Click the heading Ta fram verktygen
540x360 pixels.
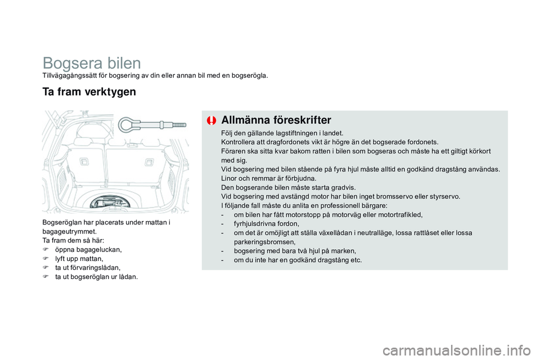89,92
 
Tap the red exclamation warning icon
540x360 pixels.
211,120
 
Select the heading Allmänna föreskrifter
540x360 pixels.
276,120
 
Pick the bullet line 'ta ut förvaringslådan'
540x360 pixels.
87,268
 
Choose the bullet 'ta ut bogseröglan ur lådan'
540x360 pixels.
95,277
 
